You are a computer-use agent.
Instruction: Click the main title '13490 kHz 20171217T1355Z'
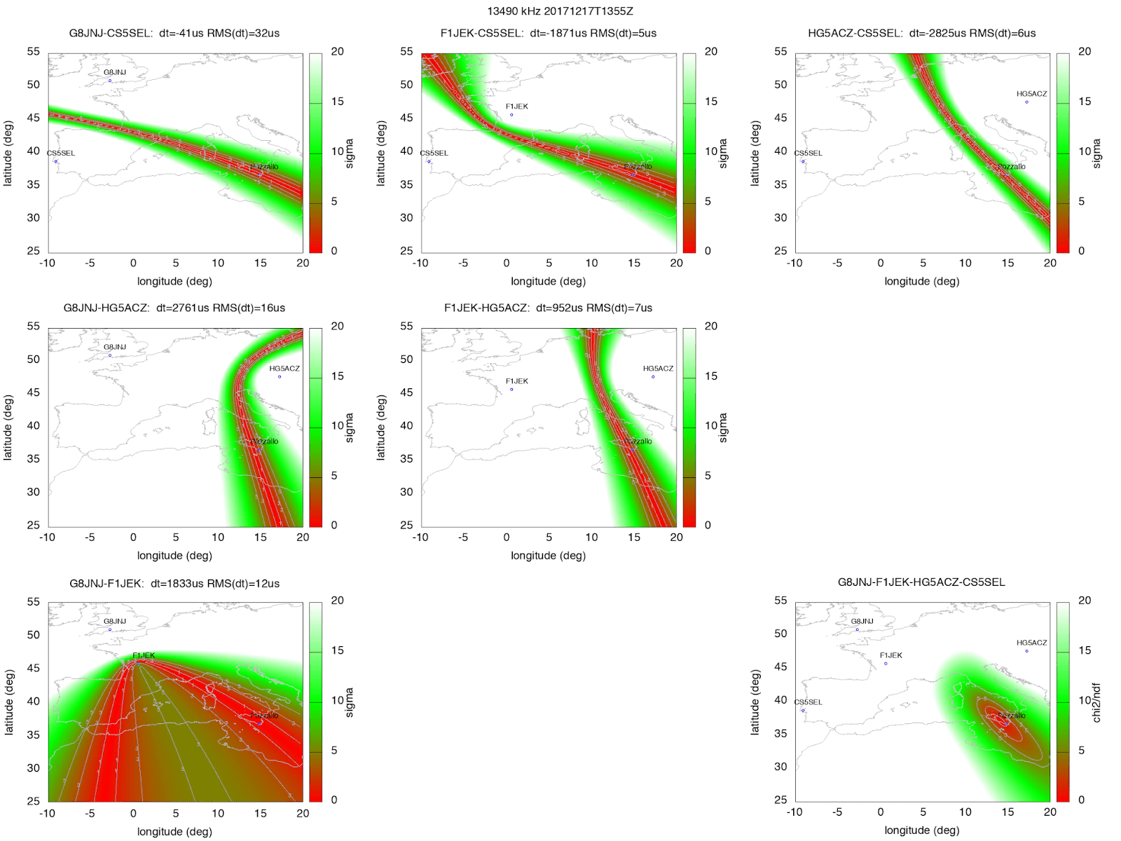point(560,11)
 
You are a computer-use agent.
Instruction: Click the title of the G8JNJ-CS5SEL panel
point(174,33)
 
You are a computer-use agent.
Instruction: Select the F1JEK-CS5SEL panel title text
point(548,33)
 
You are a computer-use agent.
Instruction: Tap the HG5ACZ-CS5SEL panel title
point(921,33)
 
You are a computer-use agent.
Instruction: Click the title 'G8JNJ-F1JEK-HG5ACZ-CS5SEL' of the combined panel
point(921,582)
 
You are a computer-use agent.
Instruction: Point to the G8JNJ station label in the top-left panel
point(115,72)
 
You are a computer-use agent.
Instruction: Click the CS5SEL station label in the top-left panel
point(61,153)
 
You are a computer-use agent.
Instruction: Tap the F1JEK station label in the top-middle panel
point(517,107)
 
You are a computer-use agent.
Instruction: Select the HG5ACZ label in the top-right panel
point(1031,94)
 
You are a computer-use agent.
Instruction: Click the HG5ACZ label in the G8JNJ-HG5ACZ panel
point(284,369)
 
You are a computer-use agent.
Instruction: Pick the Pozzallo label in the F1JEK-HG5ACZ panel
point(638,442)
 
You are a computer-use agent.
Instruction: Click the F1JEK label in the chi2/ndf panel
point(890,655)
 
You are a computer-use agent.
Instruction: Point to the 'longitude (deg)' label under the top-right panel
point(921,281)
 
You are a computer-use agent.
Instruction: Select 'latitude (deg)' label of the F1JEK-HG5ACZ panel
point(381,428)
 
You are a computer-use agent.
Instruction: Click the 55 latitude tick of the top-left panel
point(34,51)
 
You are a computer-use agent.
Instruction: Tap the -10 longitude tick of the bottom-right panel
point(794,812)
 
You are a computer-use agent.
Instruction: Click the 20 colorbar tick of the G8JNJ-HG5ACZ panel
point(337,326)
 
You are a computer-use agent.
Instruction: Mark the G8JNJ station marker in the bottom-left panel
point(110,629)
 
